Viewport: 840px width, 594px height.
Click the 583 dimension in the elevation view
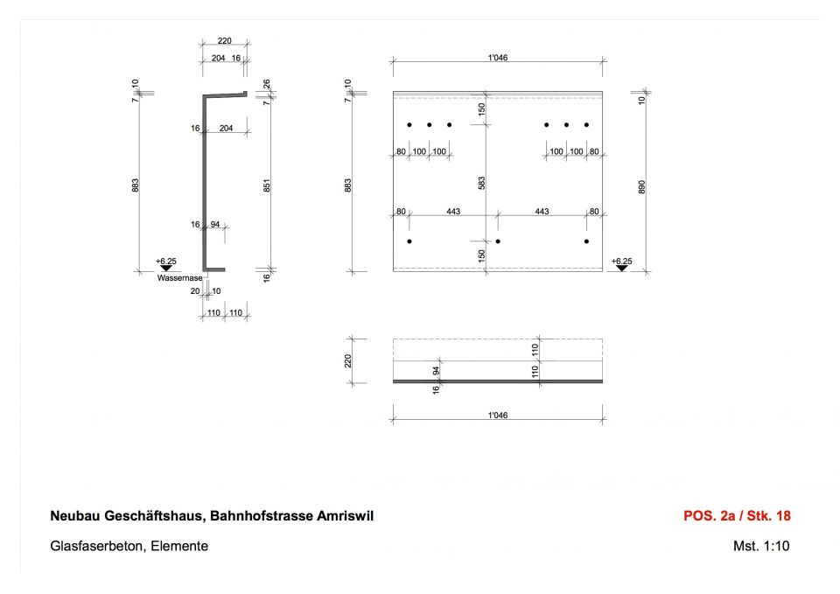click(x=481, y=183)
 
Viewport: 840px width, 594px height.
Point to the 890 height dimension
click(x=641, y=187)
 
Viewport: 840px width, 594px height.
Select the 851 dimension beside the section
click(x=267, y=185)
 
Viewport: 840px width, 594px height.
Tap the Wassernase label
click(x=179, y=278)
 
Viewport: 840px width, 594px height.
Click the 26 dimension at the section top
click(x=267, y=84)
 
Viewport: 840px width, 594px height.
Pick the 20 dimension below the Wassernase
click(x=195, y=291)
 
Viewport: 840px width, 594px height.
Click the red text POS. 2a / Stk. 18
click(x=737, y=516)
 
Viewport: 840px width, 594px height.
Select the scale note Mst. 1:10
click(x=761, y=546)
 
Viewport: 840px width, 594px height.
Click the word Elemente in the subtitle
click(x=179, y=546)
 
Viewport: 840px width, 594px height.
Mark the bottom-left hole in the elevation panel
click(x=409, y=241)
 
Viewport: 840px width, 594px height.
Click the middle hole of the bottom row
click(x=498, y=241)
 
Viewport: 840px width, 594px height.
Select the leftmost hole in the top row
click(x=409, y=125)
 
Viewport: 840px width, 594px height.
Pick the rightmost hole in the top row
click(x=586, y=125)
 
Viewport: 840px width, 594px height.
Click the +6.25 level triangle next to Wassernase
click(x=166, y=268)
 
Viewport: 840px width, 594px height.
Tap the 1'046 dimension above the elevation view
click(x=498, y=58)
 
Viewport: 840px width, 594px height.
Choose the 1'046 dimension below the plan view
click(x=498, y=416)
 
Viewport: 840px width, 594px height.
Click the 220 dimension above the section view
click(x=225, y=41)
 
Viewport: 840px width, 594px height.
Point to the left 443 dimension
click(x=453, y=212)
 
